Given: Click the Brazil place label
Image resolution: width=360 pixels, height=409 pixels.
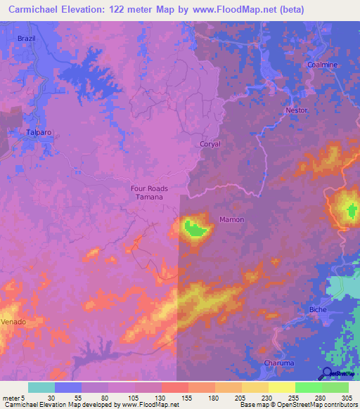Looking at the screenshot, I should pyautogui.click(x=26, y=38).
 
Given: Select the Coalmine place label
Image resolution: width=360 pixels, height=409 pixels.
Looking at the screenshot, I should pyautogui.click(x=323, y=65).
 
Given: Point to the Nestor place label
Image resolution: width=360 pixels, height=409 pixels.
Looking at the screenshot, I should pyautogui.click(x=297, y=110).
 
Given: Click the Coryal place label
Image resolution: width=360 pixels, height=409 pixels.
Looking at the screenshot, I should pyautogui.click(x=210, y=144).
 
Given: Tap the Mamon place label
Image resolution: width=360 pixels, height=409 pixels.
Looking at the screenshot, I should pyautogui.click(x=232, y=219).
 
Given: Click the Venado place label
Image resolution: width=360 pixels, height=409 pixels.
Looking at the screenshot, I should pyautogui.click(x=13, y=321).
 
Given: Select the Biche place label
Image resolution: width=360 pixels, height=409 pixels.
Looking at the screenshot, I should pyautogui.click(x=319, y=309).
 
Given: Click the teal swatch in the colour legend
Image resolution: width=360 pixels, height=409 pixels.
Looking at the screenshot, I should pyautogui.click(x=41, y=387).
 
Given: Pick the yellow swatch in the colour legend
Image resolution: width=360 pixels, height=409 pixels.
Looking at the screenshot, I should pyautogui.click(x=281, y=387).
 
